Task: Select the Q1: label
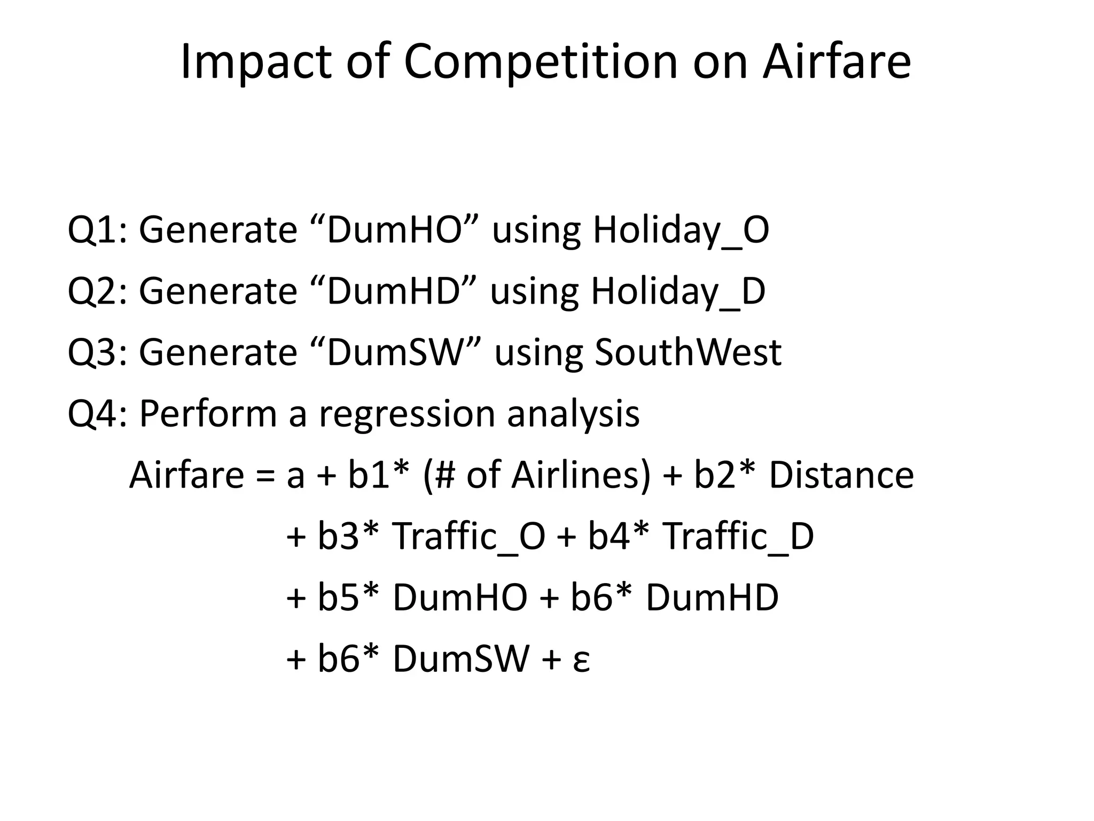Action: click(x=98, y=230)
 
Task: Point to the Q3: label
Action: click(x=98, y=353)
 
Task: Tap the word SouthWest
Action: click(x=688, y=353)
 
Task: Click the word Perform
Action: click(x=208, y=414)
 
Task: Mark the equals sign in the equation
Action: click(x=266, y=476)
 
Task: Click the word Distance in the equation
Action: click(x=841, y=476)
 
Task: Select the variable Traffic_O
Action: click(x=468, y=537)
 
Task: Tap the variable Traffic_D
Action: click(x=738, y=537)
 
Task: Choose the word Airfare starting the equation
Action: click(x=186, y=476)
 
